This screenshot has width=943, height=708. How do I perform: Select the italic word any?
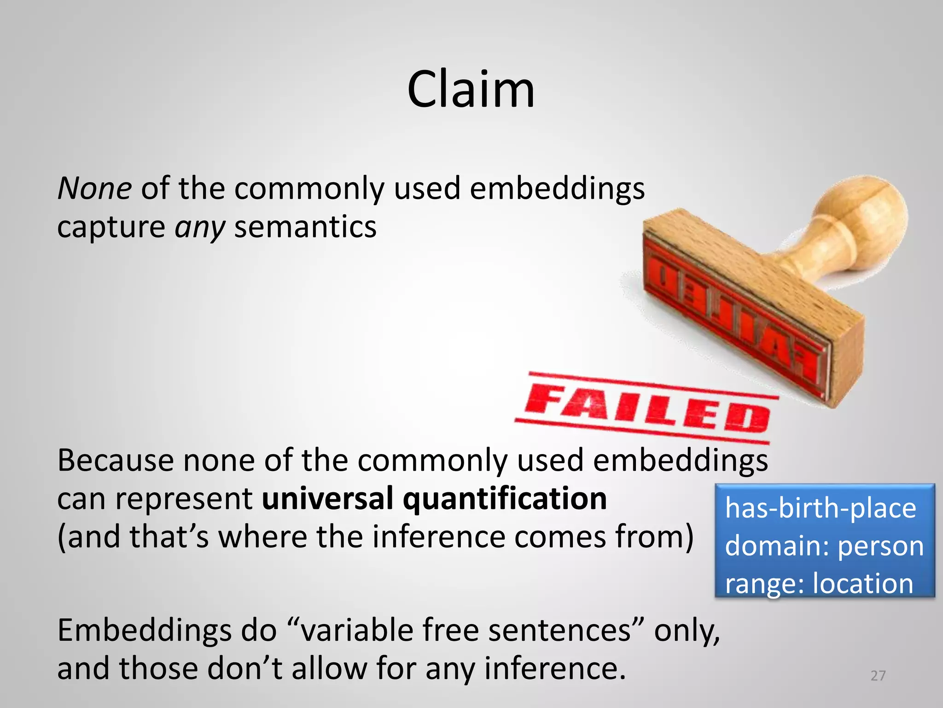click(x=200, y=228)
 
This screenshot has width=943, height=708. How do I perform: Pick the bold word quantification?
click(x=505, y=498)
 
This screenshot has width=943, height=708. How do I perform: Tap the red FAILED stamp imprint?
click(x=647, y=408)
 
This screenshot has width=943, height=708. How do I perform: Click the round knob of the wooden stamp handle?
click(x=866, y=217)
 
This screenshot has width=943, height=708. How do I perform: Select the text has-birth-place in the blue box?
click(x=821, y=508)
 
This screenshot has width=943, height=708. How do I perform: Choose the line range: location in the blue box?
click(x=819, y=584)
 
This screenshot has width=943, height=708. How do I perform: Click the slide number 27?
click(x=878, y=676)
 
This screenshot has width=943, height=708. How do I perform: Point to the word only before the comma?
click(x=683, y=630)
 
